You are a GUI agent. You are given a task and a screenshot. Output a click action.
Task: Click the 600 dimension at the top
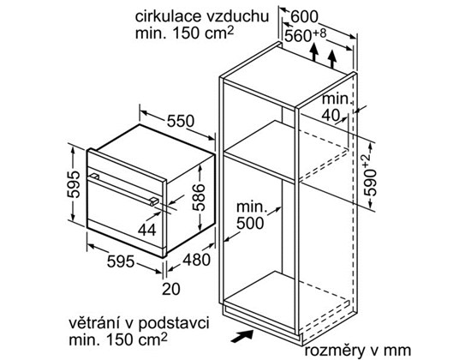point(304,16)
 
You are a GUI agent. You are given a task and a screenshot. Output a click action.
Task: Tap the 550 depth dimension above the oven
point(181,121)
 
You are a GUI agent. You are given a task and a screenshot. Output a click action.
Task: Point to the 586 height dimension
point(199,197)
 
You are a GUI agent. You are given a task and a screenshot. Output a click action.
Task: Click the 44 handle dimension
point(147,231)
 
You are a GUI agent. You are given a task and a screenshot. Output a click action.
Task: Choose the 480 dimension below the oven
point(197,260)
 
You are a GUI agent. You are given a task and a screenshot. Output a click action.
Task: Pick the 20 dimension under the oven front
point(171,289)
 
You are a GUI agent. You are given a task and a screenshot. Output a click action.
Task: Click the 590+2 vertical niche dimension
point(369,176)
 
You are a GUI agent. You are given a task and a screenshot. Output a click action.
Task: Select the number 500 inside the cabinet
point(250,223)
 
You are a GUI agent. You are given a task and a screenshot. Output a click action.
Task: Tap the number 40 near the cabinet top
point(331,115)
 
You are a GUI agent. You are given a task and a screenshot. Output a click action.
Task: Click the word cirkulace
point(169,16)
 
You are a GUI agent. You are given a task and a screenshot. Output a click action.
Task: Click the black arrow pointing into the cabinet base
point(242,336)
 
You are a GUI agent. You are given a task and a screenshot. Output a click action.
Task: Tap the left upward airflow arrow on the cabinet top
point(314,52)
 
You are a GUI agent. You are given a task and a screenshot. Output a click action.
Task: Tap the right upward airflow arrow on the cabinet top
point(332,59)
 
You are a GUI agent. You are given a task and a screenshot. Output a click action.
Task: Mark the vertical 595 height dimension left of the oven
point(74,184)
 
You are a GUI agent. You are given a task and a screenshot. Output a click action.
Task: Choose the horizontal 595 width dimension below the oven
point(121,261)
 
